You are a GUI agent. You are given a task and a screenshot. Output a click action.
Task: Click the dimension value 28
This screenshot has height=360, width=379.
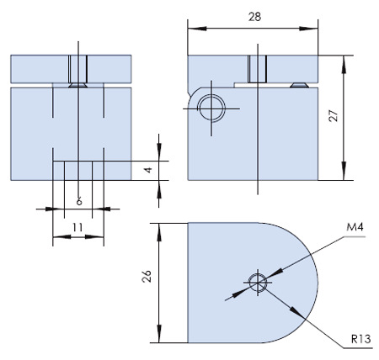(x=254, y=17)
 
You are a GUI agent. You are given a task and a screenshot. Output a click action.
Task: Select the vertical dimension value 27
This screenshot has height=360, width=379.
(x=334, y=115)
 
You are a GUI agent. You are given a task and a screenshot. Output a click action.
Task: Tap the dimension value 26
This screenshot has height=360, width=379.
(x=147, y=276)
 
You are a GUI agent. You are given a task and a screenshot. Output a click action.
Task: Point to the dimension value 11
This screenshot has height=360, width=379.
(x=77, y=227)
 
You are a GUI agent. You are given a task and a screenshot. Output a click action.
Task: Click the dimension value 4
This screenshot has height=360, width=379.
(x=148, y=170)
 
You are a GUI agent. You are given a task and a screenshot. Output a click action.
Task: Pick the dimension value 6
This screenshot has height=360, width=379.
(x=79, y=201)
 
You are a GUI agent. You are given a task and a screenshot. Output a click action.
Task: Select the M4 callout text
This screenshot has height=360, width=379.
(x=355, y=226)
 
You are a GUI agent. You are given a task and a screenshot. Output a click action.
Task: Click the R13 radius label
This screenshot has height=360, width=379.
(x=360, y=339)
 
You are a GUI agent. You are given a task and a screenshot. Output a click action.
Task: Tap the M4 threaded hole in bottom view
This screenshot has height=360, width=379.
(x=258, y=283)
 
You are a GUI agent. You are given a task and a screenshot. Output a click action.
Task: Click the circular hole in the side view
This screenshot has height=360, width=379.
(x=211, y=109)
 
